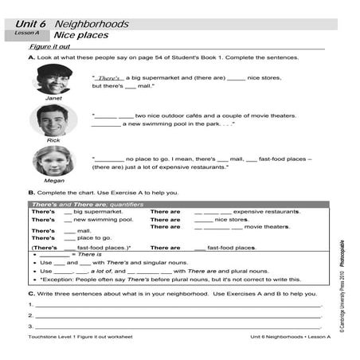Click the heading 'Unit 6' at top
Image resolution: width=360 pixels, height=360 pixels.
31,25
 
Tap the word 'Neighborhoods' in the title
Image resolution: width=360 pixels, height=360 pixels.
88,25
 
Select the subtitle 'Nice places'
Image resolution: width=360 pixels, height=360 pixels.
81,36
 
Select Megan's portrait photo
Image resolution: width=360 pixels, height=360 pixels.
53,162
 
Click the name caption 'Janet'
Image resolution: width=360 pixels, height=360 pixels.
53,99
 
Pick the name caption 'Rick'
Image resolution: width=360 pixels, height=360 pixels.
53,140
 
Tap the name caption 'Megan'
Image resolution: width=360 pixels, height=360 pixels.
53,181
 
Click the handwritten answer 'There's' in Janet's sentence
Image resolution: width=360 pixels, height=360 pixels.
110,77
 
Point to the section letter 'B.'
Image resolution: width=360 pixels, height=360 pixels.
31,193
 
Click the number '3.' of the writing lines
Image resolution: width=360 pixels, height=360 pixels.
30,327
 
